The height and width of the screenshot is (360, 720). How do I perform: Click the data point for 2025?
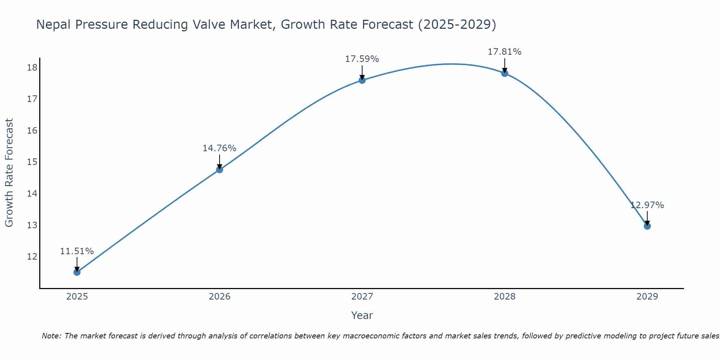click(x=77, y=272)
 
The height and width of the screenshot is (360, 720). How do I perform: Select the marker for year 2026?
click(x=220, y=170)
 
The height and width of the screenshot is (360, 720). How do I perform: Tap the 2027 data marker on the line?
click(x=362, y=80)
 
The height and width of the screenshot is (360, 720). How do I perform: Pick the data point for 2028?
click(x=505, y=73)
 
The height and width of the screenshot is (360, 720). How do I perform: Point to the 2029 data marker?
click(x=647, y=226)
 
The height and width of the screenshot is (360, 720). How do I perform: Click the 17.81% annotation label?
click(x=504, y=52)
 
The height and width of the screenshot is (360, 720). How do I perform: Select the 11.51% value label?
click(x=77, y=251)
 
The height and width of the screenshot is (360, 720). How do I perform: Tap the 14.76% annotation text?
click(x=219, y=148)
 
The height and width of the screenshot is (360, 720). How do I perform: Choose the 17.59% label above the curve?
click(x=362, y=59)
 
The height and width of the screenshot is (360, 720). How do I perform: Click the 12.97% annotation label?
click(x=647, y=205)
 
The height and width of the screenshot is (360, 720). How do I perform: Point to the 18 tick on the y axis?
click(x=32, y=68)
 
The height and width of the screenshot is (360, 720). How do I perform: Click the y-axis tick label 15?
click(x=32, y=162)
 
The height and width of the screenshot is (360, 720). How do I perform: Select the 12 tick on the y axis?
click(x=32, y=257)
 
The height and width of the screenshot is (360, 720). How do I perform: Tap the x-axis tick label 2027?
click(x=362, y=297)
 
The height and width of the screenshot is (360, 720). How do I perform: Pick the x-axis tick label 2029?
click(x=647, y=297)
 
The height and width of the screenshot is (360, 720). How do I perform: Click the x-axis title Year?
click(x=362, y=315)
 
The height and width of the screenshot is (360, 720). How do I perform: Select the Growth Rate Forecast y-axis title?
click(x=9, y=173)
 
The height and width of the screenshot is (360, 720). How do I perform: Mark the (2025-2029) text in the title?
click(x=457, y=24)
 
